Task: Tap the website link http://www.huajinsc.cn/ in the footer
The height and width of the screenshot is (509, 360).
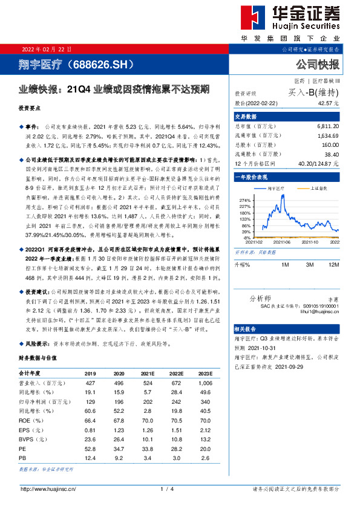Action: click(x=48, y=488)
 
